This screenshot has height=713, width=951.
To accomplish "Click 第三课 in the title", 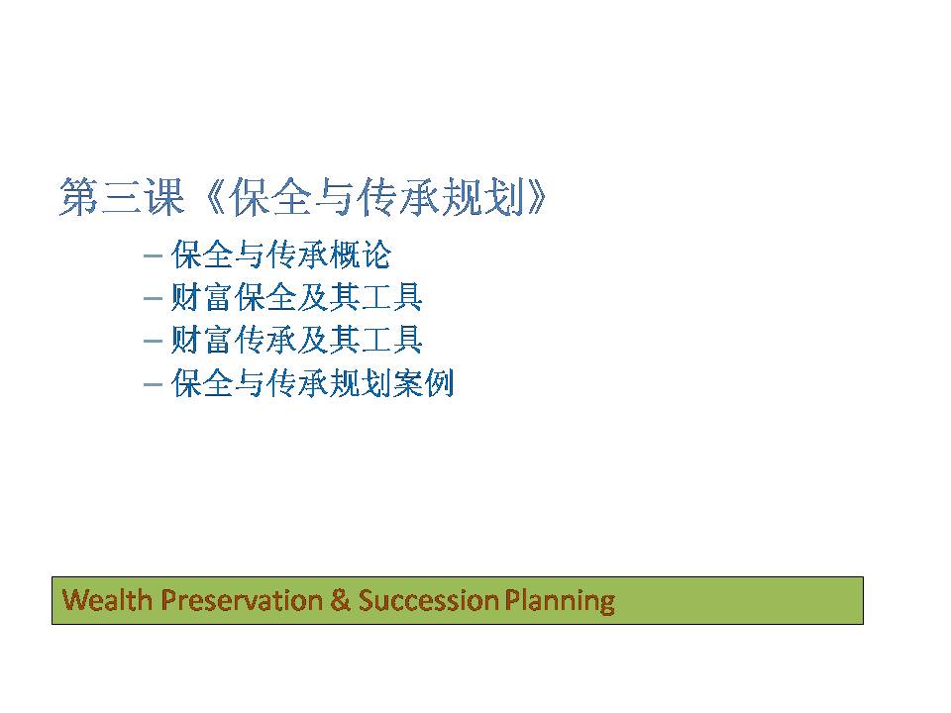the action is click(x=122, y=197).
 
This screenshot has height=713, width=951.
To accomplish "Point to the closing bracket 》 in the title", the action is click(x=537, y=197).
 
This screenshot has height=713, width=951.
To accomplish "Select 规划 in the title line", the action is click(x=482, y=197).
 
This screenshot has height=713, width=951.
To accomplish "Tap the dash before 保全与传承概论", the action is click(x=153, y=255).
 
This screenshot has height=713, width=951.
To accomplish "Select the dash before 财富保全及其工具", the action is click(x=153, y=299).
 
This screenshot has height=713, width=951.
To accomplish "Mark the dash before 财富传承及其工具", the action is click(x=153, y=342).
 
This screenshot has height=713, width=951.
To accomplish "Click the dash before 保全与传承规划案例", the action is click(x=153, y=384).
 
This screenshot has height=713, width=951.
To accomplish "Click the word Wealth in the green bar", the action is click(x=107, y=600).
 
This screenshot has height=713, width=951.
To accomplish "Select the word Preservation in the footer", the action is click(x=242, y=600).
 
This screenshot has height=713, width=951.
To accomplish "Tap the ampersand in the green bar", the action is click(x=341, y=600).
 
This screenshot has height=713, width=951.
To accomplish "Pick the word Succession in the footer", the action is click(x=429, y=600).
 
